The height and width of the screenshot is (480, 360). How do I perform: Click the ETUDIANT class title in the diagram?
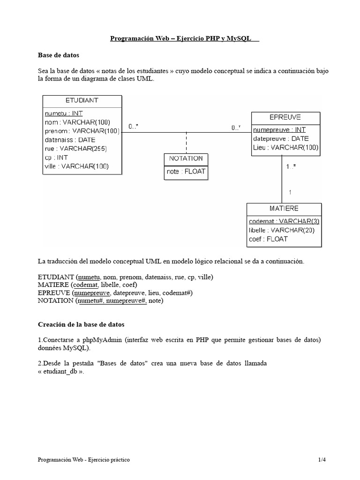(82, 100)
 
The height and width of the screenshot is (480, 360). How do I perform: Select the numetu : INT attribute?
(63, 113)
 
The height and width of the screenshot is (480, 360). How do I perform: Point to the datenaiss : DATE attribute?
(70, 140)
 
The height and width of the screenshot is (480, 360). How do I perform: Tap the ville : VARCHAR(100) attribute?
(77, 166)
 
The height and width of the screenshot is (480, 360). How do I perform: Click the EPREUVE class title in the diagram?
(285, 117)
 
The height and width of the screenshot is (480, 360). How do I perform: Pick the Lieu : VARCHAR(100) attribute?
(285, 147)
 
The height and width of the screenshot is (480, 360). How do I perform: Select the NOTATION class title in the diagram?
(186, 158)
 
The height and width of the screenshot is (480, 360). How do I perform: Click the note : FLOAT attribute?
(186, 172)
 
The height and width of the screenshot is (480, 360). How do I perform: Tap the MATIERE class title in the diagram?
(284, 208)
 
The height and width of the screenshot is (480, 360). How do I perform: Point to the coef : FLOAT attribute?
(268, 239)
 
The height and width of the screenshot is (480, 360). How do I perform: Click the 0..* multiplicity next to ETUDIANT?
(134, 127)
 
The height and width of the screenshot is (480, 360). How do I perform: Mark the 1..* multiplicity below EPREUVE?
(291, 166)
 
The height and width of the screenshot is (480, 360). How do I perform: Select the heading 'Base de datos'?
(59, 55)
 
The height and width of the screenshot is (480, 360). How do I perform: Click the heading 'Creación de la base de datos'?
(81, 324)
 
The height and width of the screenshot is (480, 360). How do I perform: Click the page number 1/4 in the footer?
(321, 460)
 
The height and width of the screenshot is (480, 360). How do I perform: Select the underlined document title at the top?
(185, 39)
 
